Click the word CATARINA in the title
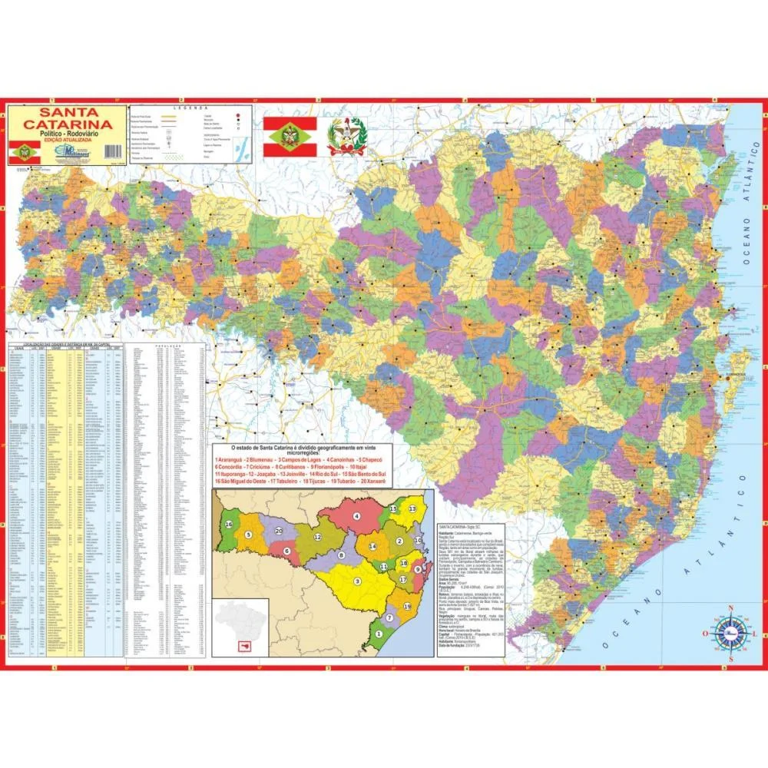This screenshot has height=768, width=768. pyautogui.click(x=65, y=124)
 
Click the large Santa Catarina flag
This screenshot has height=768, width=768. pyautogui.click(x=291, y=137)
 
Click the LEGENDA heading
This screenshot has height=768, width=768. pyautogui.click(x=185, y=108)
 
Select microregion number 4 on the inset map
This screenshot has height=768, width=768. pyautogui.click(x=356, y=516)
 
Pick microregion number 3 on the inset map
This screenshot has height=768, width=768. pyautogui.click(x=357, y=581)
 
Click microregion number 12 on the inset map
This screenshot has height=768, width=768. pyautogui.click(x=317, y=537)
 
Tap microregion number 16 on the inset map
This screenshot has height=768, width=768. pyautogui.click(x=229, y=524)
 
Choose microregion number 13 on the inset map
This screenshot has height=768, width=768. pyautogui.click(x=412, y=509)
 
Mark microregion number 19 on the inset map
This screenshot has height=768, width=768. pyautogui.click(x=407, y=606)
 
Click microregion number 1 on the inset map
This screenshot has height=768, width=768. pyautogui.click(x=378, y=634)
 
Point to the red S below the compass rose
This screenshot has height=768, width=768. pyautogui.click(x=731, y=659)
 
